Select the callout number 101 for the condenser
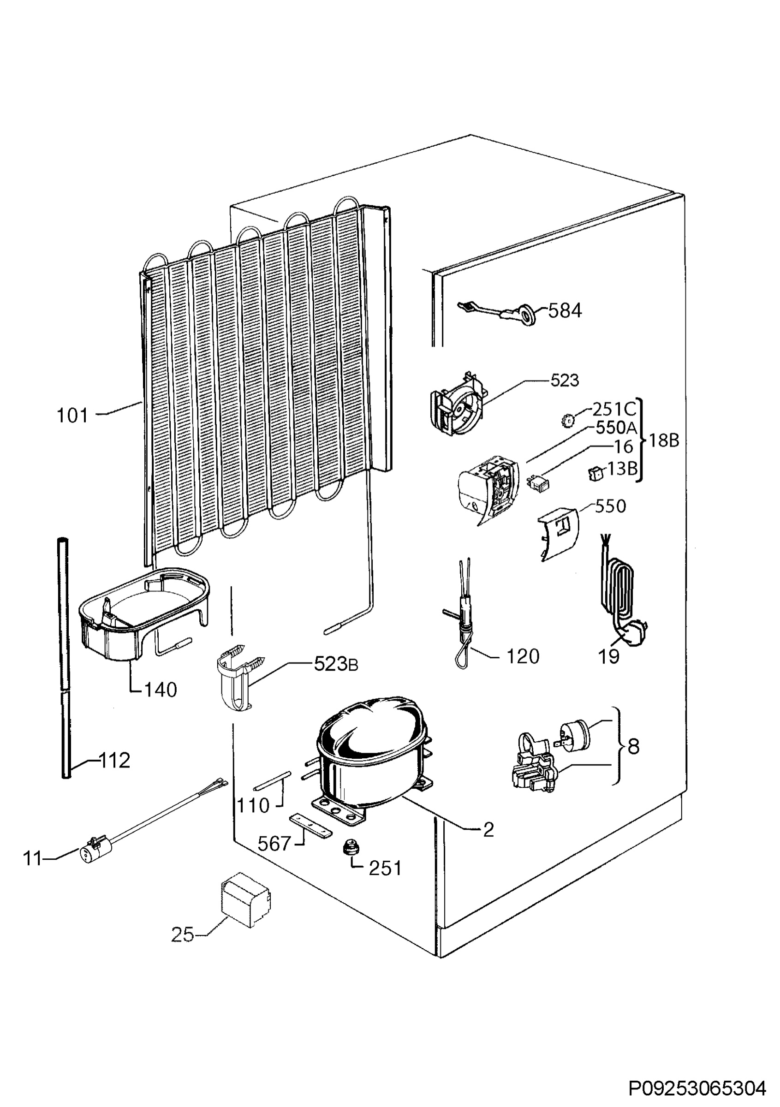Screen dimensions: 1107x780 click(72, 416)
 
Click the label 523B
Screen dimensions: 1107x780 click(336, 665)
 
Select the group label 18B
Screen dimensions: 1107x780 click(664, 440)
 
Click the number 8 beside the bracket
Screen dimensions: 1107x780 click(634, 746)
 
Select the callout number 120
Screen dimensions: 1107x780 click(523, 657)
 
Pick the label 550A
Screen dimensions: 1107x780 click(617, 428)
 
